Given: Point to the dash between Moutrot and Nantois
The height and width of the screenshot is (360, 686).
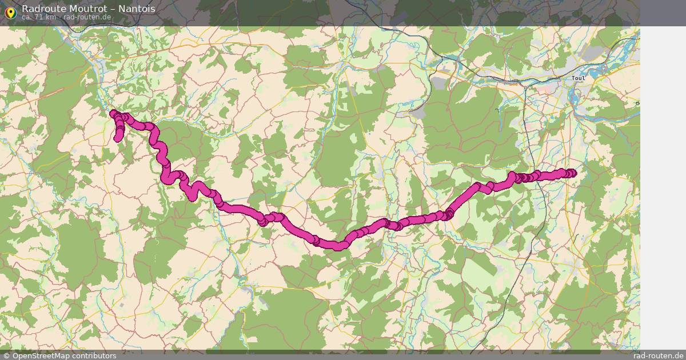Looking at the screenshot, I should click(113, 9).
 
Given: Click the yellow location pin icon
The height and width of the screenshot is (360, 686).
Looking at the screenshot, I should click(10, 12).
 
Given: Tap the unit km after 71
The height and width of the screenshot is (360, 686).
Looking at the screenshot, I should click(51, 17).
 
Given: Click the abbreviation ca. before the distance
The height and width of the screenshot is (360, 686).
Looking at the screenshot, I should click(27, 17).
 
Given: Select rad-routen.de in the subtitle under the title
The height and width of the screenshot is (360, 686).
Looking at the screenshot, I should click(87, 17).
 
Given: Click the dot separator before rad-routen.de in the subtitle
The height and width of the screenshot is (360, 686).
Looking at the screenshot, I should click(59, 17).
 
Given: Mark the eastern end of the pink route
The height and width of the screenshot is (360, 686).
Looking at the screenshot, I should click(573, 174).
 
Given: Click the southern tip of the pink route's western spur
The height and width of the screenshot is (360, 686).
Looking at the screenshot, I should click(118, 138).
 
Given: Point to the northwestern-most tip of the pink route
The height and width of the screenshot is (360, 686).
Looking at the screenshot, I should click(113, 113).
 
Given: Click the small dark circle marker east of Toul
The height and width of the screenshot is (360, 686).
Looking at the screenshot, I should click(637, 103).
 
